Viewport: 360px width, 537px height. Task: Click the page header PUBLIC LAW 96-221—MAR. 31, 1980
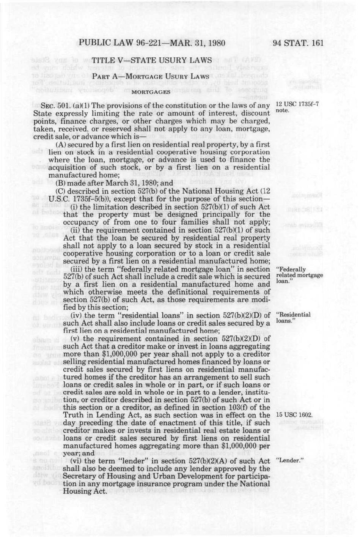click(x=152, y=42)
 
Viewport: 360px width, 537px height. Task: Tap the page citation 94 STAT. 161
click(x=298, y=42)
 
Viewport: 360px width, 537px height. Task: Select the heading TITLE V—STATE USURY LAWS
click(x=152, y=60)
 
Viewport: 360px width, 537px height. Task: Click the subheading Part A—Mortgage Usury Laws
click(x=151, y=76)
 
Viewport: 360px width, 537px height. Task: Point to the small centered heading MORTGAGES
click(x=151, y=91)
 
